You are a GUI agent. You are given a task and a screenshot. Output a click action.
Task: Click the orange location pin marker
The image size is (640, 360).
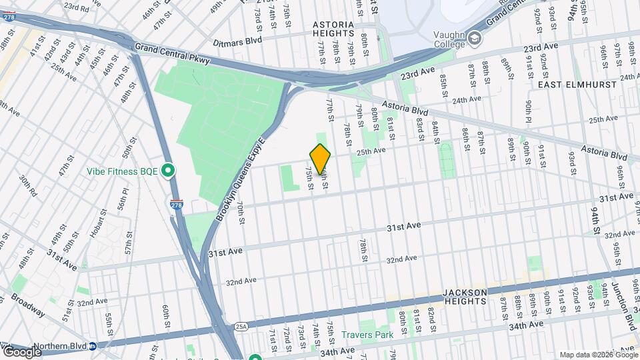(321, 159)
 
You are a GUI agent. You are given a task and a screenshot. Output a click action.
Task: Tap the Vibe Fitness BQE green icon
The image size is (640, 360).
(169, 171)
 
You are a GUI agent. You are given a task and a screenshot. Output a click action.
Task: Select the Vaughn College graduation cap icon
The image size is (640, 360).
(474, 39)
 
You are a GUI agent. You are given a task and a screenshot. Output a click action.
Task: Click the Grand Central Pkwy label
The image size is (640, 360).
(172, 54)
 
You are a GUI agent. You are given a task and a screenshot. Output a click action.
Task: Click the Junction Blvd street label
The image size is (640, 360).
(631, 304)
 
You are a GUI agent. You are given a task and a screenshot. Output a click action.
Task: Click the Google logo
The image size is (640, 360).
(21, 351)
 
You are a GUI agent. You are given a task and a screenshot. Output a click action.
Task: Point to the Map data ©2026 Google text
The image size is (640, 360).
(598, 355)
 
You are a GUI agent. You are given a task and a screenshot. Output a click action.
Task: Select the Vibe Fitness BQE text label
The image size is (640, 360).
(123, 171)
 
